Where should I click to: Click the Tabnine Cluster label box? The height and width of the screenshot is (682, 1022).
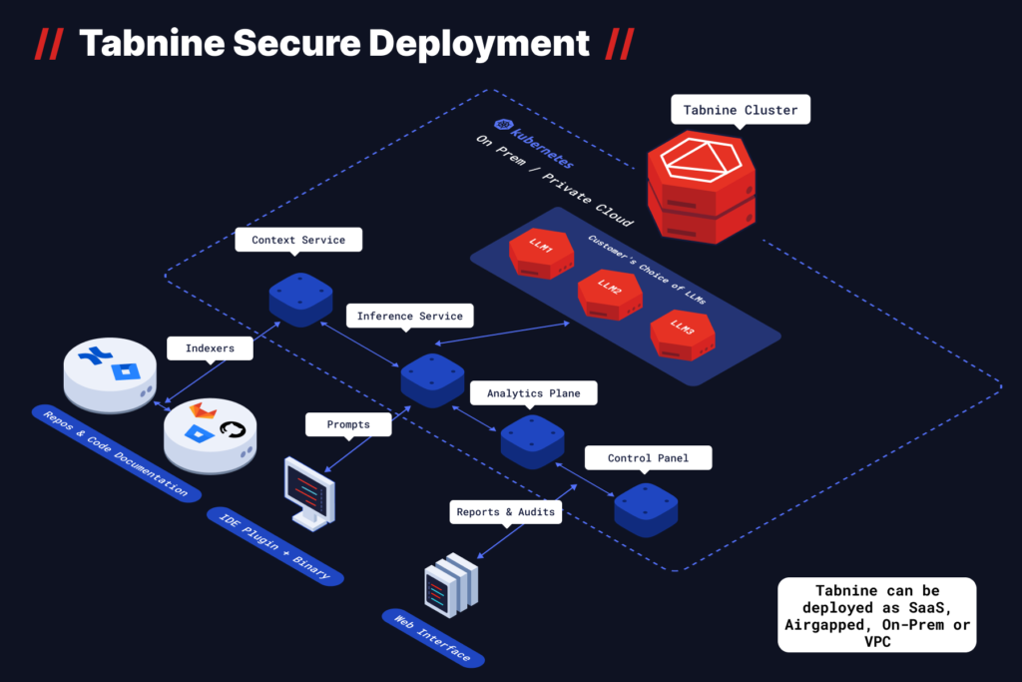click(x=741, y=110)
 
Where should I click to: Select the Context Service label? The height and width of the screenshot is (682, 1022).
click(x=298, y=240)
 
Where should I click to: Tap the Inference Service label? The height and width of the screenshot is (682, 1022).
click(x=409, y=317)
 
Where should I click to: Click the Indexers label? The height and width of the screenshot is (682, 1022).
click(x=210, y=348)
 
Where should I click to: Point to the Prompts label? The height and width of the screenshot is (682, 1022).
click(x=348, y=424)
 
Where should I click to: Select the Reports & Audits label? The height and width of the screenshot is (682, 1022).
click(x=505, y=512)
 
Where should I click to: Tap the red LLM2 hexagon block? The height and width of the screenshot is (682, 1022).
click(x=609, y=294)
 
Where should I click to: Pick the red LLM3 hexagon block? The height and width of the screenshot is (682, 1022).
click(x=683, y=335)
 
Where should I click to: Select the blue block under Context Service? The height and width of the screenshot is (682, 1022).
click(x=300, y=300)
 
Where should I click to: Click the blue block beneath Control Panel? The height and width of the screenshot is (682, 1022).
click(x=646, y=508)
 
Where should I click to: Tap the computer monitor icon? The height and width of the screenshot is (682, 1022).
click(x=309, y=492)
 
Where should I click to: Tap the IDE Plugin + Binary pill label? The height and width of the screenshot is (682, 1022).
click(x=275, y=545)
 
